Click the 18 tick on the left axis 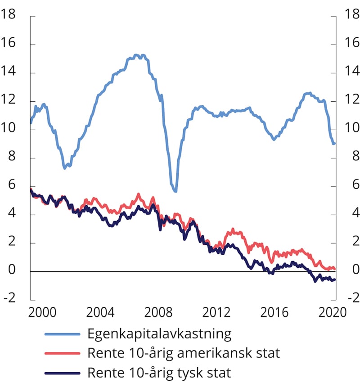[9, 15]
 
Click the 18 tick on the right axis [351, 15]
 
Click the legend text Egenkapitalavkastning [159, 334]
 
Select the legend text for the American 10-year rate [184, 353]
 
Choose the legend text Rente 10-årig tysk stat [159, 373]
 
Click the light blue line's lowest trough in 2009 [175, 191]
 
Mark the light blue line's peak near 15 [137, 55]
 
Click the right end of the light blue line [334, 144]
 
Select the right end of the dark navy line [335, 280]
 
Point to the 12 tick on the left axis [9, 100]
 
